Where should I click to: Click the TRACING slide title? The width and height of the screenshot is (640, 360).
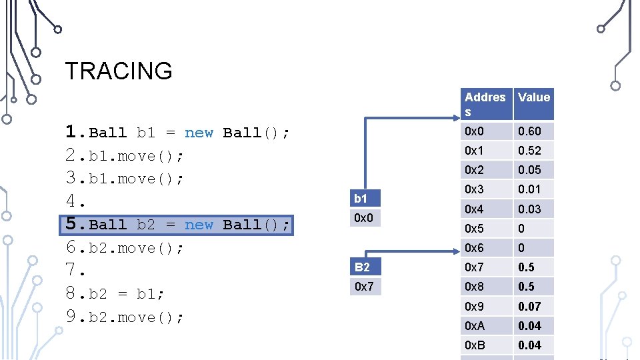pyautogui.click(x=119, y=71)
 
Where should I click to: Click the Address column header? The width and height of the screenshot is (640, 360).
pyautogui.click(x=486, y=104)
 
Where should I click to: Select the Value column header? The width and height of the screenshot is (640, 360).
pyautogui.click(x=533, y=97)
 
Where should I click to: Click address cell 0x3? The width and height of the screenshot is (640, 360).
pyautogui.click(x=486, y=189)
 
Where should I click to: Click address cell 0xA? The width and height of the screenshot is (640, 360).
pyautogui.click(x=486, y=326)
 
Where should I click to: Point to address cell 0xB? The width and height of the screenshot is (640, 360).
pyautogui.click(x=486, y=345)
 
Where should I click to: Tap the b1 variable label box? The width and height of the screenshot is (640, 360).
pyautogui.click(x=365, y=199)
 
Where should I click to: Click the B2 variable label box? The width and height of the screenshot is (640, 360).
pyautogui.click(x=365, y=267)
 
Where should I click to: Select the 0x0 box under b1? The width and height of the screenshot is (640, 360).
pyautogui.click(x=365, y=218)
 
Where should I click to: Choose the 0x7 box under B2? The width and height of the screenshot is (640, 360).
pyautogui.click(x=365, y=287)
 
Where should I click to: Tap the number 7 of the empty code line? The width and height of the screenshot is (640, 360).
pyautogui.click(x=73, y=271)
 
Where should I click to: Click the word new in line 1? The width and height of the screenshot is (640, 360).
pyautogui.click(x=199, y=133)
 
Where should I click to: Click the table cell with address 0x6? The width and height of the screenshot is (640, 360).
pyautogui.click(x=486, y=248)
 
